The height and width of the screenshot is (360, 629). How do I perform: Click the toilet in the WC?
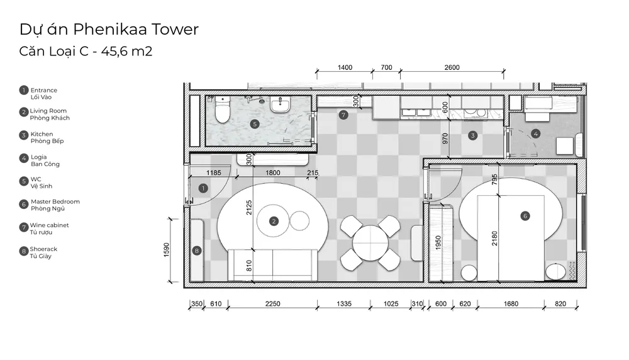pos(222,110)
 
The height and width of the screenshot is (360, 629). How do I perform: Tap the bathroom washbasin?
pos(281,104)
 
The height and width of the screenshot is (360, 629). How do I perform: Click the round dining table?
pos(370,243)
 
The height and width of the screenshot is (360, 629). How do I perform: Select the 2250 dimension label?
pos(272,304)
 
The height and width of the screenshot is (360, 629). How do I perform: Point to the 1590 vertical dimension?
pos(167,250)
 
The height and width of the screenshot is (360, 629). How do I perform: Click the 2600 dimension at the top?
pos(452,67)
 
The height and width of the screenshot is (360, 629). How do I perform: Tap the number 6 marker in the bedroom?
pos(525,216)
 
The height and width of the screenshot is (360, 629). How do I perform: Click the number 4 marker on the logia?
pos(535,133)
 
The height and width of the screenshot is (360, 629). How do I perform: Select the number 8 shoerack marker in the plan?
pos(196,251)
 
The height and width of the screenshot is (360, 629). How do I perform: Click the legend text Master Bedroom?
pos(55,201)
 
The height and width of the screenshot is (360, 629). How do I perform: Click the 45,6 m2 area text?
pos(127,52)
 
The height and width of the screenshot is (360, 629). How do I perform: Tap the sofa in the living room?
pos(273,265)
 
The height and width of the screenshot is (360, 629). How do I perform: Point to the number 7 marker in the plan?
pos(343,115)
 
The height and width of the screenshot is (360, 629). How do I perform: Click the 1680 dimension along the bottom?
pos(511,304)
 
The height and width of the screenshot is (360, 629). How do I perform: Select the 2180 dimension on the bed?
pos(494,239)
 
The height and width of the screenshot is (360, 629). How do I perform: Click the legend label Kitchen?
pos(42,134)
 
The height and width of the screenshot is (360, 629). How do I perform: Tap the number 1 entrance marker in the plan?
pos(203,188)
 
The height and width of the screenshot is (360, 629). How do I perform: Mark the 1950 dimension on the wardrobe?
pos(438,243)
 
